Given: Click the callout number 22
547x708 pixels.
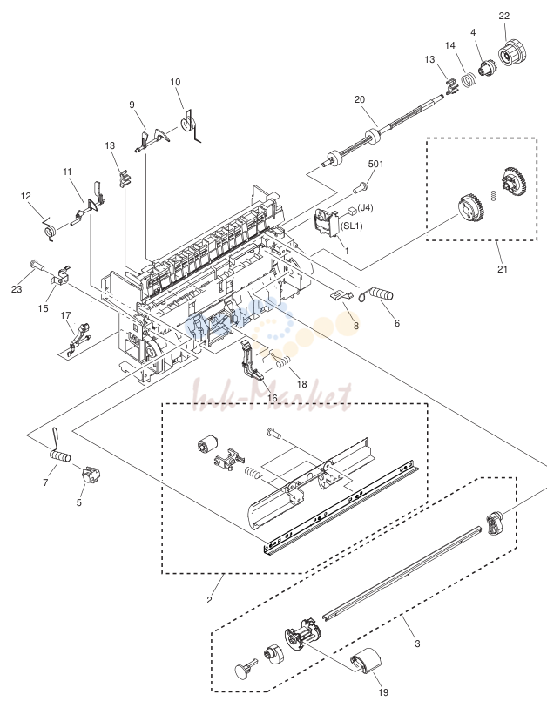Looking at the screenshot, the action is (x=504, y=16).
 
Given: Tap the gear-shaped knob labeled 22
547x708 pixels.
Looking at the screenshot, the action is (x=512, y=53).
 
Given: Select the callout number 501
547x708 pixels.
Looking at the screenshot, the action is (x=375, y=164).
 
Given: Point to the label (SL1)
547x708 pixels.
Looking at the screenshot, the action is (x=352, y=226).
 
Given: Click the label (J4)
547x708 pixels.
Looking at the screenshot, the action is (x=365, y=208).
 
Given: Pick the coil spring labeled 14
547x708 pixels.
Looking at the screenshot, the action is (x=469, y=81).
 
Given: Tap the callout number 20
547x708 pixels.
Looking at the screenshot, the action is (x=360, y=99).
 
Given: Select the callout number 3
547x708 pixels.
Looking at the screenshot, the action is (x=417, y=644).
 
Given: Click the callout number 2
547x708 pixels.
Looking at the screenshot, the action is (x=209, y=600).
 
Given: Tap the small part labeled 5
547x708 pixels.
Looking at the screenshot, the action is (x=91, y=475).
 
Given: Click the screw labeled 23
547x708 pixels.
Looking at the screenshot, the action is (x=37, y=265).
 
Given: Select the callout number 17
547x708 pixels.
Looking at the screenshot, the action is (x=65, y=315).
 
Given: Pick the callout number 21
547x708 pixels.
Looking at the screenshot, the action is (x=503, y=269).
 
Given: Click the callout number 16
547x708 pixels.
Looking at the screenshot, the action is (x=273, y=398).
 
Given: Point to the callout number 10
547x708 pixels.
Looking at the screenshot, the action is (x=175, y=82).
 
